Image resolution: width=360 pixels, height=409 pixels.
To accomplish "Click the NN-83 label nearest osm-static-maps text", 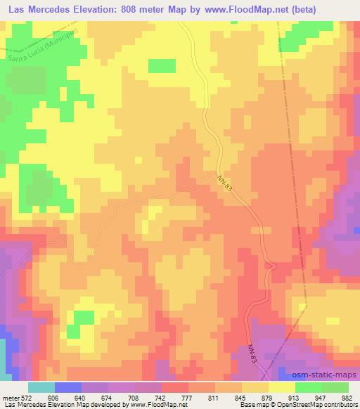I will (x=254, y=353).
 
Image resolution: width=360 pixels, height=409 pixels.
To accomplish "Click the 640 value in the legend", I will (x=81, y=397).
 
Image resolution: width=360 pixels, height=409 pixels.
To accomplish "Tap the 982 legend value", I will (x=349, y=397).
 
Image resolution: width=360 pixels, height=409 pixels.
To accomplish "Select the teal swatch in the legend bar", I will (x=41, y=387).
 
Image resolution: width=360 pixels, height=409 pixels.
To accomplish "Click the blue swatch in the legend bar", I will (x=68, y=387).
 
